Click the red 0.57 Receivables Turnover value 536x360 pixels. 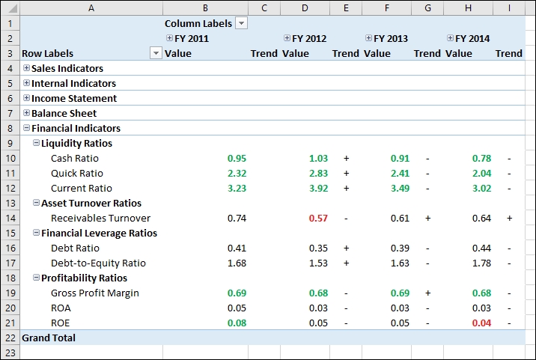(318, 218)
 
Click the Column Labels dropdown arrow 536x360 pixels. (241, 23)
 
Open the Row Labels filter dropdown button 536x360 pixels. (156, 53)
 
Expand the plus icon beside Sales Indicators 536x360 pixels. (27, 68)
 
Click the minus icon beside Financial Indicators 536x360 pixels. (27, 128)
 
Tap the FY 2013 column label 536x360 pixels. (391, 38)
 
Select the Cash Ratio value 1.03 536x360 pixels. (318, 158)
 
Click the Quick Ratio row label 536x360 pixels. (77, 173)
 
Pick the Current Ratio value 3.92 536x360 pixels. (318, 188)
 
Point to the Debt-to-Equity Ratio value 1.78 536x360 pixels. (481, 263)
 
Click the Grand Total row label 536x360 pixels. (49, 338)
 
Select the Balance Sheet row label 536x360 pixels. (64, 113)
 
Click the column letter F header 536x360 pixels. (386, 7)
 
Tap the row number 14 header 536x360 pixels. (9, 218)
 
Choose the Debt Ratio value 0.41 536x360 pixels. (237, 248)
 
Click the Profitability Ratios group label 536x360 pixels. (84, 278)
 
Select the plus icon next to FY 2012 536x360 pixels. (287, 38)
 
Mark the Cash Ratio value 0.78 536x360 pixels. (481, 158)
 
